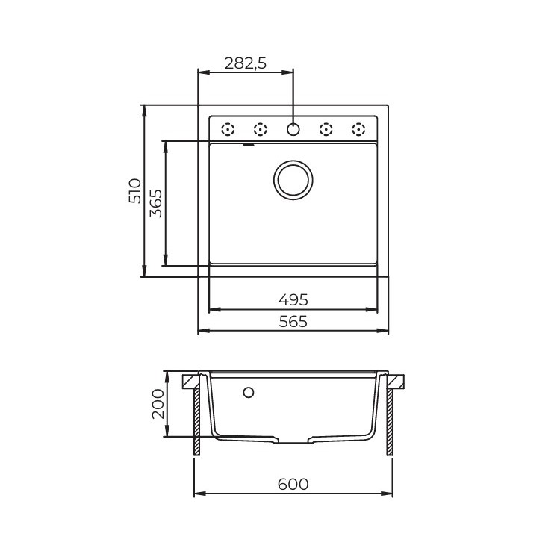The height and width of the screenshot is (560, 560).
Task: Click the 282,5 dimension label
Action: pyautogui.click(x=246, y=63)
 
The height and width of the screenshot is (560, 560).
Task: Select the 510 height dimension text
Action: pyautogui.click(x=135, y=190)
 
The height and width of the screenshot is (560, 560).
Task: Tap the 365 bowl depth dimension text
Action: pyautogui.click(x=156, y=203)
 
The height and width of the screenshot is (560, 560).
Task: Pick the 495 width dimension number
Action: pyautogui.click(x=293, y=299)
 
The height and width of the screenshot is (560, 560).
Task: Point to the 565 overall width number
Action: pyautogui.click(x=293, y=321)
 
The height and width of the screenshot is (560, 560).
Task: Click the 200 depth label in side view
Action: pyautogui.click(x=158, y=403)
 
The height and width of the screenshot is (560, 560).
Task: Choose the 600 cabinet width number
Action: pyautogui.click(x=293, y=485)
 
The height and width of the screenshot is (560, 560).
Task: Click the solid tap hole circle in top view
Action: pyautogui.click(x=293, y=129)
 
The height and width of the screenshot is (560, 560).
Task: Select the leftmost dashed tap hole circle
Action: pyautogui.click(x=228, y=129)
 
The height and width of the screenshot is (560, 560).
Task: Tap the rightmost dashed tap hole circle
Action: pyautogui.click(x=358, y=129)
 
